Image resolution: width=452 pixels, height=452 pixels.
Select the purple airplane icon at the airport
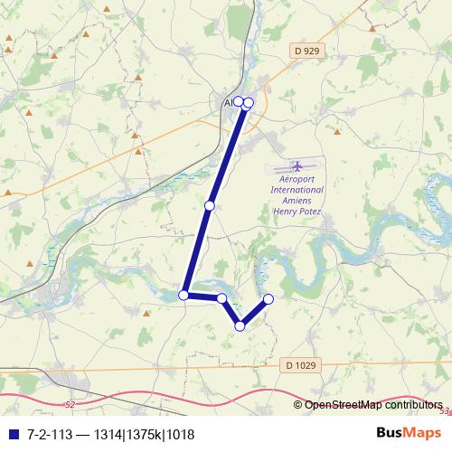tap(297, 167)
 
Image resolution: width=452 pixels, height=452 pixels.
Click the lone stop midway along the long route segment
tap(210, 206)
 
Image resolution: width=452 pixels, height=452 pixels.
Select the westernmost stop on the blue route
tap(184, 295)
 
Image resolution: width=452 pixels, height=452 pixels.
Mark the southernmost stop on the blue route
tap(240, 326)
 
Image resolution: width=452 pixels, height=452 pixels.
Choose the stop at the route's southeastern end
tap(268, 299)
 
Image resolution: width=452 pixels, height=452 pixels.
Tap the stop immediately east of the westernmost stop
tap(221, 297)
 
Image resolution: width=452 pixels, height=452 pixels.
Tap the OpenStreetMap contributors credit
tap(373, 405)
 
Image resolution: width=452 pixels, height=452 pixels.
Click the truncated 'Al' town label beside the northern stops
tap(228, 103)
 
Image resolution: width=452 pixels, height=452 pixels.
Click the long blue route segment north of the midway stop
tap(226, 154)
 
